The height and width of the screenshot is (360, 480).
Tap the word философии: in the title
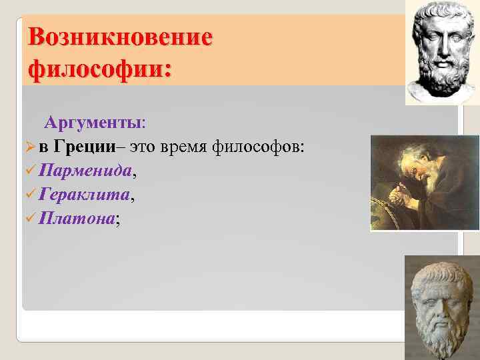(99, 68)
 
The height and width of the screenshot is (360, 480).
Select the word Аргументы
(93, 123)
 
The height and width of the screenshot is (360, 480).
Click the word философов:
(260, 147)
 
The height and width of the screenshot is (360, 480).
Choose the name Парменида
(85, 171)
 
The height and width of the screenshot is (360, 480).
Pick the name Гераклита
(85, 195)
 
